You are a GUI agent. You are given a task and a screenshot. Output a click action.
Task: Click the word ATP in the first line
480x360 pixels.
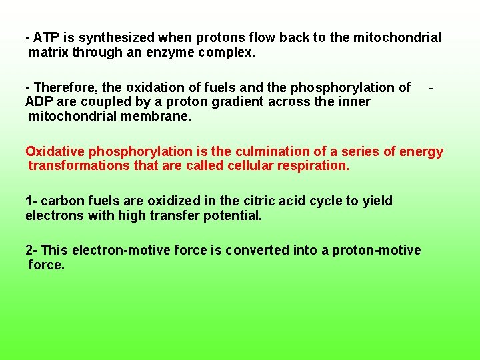46,37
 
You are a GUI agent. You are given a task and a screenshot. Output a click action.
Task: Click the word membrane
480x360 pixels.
159,116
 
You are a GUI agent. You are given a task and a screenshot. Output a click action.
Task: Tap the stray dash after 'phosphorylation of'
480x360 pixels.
432,87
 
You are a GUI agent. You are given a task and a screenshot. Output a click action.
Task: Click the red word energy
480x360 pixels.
421,151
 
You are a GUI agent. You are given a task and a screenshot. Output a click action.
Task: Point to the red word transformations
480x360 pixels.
78,165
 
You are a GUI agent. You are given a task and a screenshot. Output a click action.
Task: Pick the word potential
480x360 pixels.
233,215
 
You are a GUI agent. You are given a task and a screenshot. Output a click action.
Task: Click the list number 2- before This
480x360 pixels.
31,250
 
